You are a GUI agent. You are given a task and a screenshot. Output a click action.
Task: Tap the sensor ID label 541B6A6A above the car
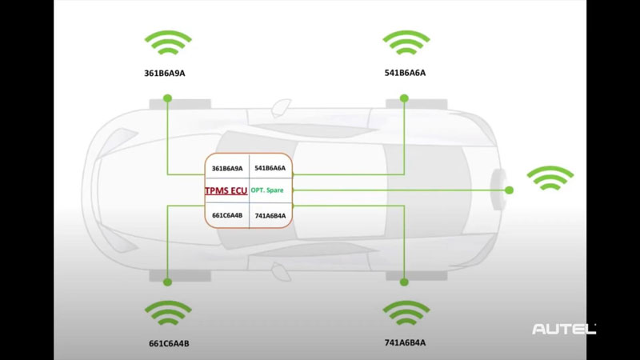pyautogui.click(x=405, y=73)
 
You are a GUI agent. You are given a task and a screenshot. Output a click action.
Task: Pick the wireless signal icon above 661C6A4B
pyautogui.click(x=167, y=313)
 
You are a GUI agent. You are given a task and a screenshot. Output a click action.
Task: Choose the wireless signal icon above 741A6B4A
pyautogui.click(x=406, y=313)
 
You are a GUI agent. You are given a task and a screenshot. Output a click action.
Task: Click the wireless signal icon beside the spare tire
pyautogui.click(x=551, y=178)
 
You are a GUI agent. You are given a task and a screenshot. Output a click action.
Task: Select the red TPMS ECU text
pyautogui.click(x=226, y=190)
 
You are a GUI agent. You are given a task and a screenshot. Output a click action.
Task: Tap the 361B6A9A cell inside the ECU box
pyautogui.click(x=226, y=168)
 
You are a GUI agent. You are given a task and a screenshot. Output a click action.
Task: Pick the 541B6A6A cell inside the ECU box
pyautogui.click(x=270, y=168)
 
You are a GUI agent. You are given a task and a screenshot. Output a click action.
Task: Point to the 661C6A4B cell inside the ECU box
pyautogui.click(x=226, y=214)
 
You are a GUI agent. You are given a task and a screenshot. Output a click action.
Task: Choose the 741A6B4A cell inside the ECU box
pyautogui.click(x=270, y=214)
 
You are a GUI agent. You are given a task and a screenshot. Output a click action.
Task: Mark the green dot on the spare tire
pyautogui.click(x=509, y=190)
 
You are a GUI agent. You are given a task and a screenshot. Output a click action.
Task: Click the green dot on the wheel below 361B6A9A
pyautogui.click(x=167, y=98)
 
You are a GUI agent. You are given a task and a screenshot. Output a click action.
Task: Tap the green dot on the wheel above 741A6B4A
pyautogui.click(x=404, y=282)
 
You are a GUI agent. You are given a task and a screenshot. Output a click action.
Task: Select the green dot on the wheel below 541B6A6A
pyautogui.click(x=404, y=98)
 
